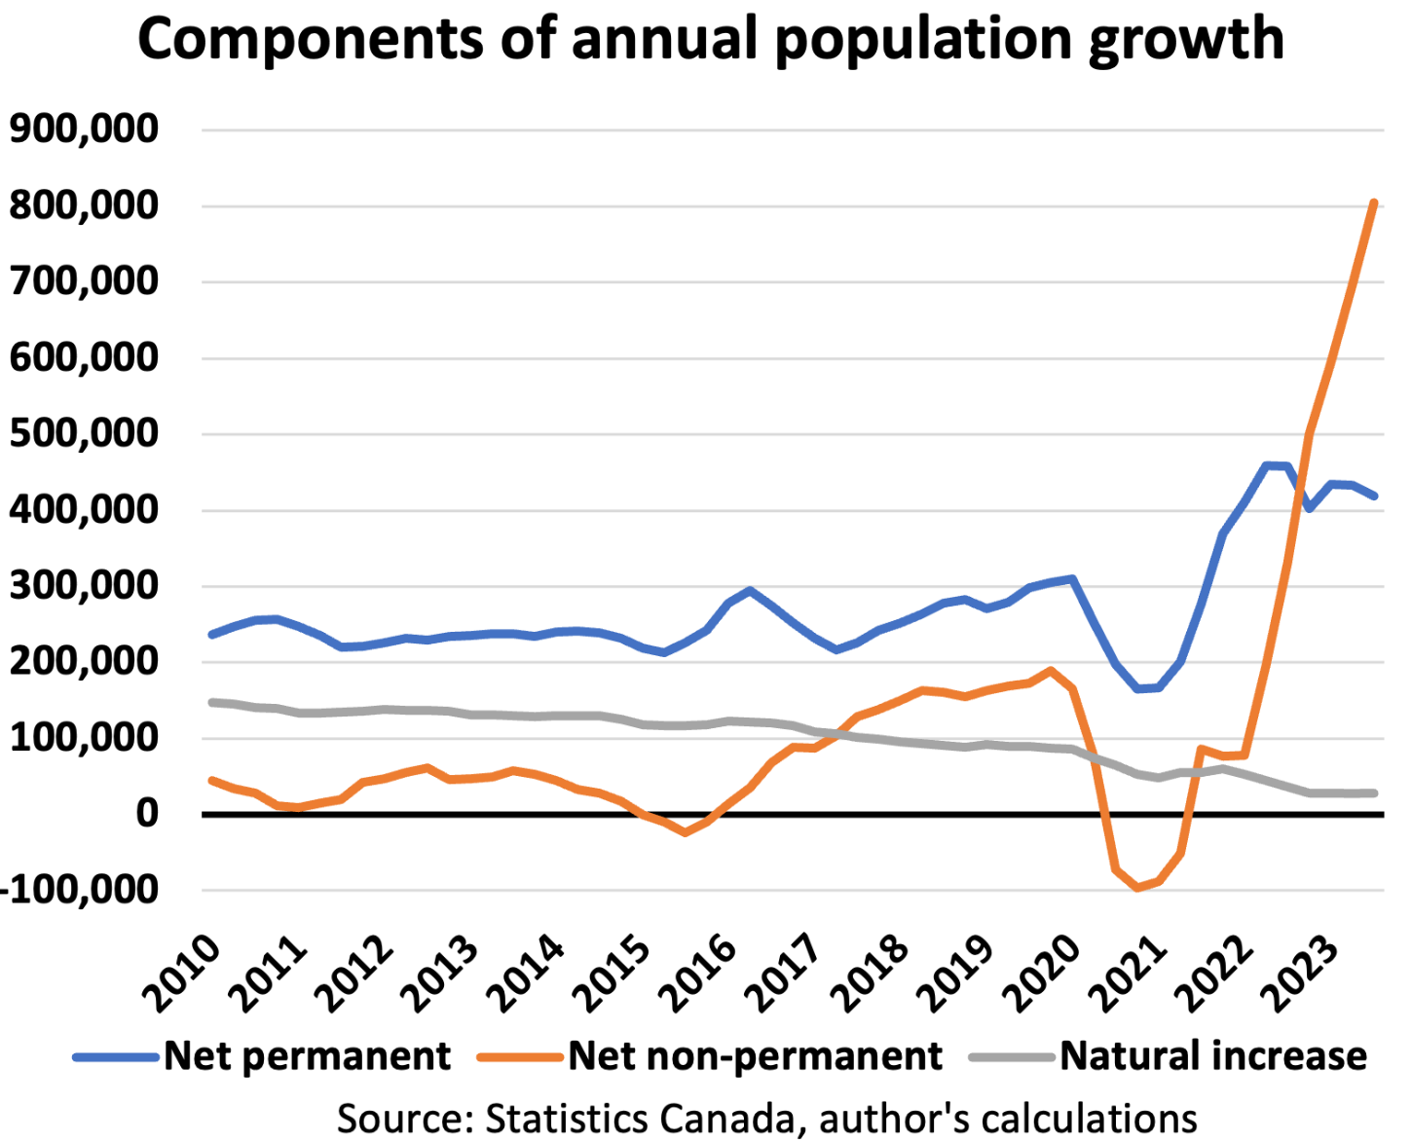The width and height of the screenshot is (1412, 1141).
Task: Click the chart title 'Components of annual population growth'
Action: [x=711, y=39]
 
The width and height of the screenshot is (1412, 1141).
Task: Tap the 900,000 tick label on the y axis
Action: [x=84, y=129]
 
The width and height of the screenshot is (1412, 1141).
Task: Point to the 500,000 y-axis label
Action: [x=84, y=433]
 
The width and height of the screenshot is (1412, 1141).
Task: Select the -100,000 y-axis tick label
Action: [x=80, y=889]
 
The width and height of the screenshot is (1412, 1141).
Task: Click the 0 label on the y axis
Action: [x=146, y=813]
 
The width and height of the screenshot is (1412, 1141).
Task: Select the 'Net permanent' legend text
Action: [x=307, y=1056]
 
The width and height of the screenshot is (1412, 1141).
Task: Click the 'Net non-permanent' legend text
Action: [x=755, y=1056]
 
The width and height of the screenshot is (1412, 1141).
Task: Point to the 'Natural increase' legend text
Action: [x=1213, y=1056]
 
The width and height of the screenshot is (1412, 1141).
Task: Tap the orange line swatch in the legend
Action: [x=521, y=1057]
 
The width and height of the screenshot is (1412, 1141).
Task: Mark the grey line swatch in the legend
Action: [x=1013, y=1057]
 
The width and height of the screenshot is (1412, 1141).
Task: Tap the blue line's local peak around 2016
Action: [x=749, y=590]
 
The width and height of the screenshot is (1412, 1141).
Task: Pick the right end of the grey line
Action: [x=1374, y=793]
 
